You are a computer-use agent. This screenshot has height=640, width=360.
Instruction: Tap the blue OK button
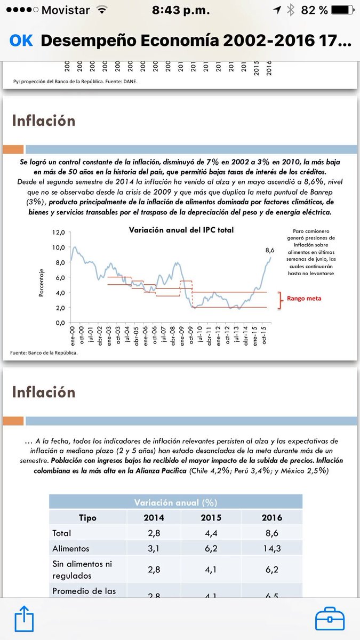tap(21, 41)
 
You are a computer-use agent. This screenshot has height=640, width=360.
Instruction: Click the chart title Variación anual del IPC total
tap(181, 230)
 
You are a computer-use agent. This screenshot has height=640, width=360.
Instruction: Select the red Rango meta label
tap(305, 299)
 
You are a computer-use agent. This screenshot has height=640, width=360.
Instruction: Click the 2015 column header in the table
tap(211, 517)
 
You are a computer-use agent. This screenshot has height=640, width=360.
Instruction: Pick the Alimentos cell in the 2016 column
tap(272, 548)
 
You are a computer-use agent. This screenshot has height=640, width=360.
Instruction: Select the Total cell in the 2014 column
tap(154, 533)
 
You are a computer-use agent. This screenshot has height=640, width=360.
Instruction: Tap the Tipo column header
tap(87, 517)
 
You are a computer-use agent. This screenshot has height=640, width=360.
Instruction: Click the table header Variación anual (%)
tap(175, 502)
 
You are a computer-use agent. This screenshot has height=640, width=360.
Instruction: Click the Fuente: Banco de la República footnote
tap(44, 353)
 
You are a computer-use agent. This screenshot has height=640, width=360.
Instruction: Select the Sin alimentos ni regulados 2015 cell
tap(211, 570)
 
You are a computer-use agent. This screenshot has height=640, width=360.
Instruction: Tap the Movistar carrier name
tap(66, 10)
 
